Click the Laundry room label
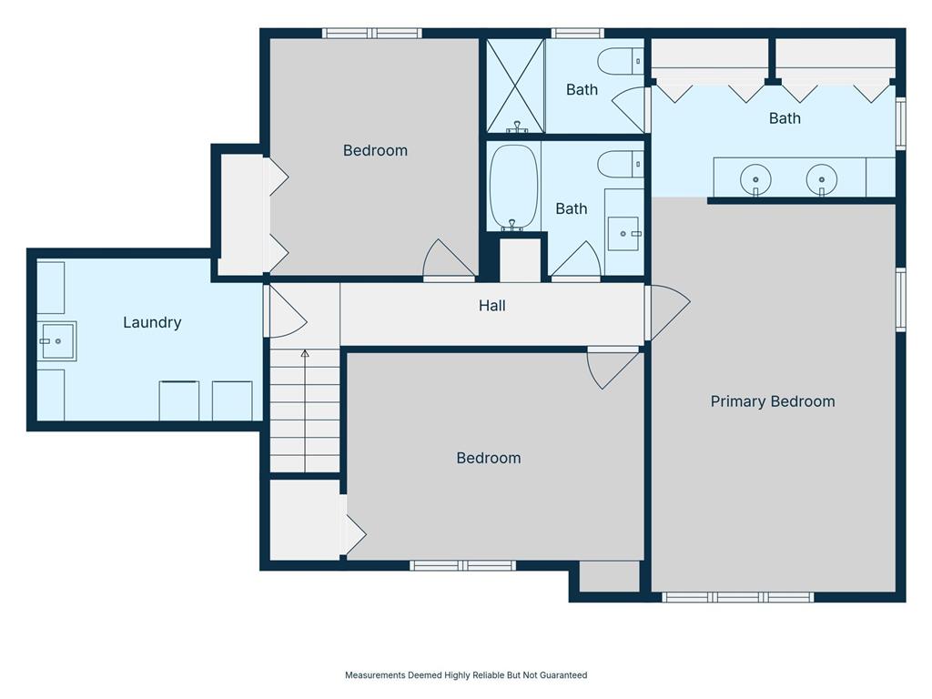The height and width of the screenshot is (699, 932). (x=152, y=323)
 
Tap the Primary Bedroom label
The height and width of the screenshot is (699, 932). (x=773, y=401)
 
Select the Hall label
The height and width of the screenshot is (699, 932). (x=492, y=306)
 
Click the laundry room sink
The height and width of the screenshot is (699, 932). (x=57, y=341)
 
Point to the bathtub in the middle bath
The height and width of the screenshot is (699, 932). (x=513, y=186)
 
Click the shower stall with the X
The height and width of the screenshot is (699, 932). (x=516, y=86)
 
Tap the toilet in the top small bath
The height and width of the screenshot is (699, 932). (x=620, y=61)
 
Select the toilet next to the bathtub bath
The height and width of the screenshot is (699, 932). (x=620, y=164)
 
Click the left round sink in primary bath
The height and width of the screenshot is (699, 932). (x=755, y=179)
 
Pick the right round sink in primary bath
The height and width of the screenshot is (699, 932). (x=822, y=179)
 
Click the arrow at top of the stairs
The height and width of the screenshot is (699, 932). (x=305, y=353)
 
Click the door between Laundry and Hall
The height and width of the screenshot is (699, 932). (x=286, y=311)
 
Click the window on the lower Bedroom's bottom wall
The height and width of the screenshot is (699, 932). (x=462, y=565)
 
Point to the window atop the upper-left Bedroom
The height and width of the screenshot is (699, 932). (x=372, y=34)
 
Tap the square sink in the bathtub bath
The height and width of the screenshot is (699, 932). (x=623, y=234)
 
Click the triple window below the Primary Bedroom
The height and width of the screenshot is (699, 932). (x=737, y=597)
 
